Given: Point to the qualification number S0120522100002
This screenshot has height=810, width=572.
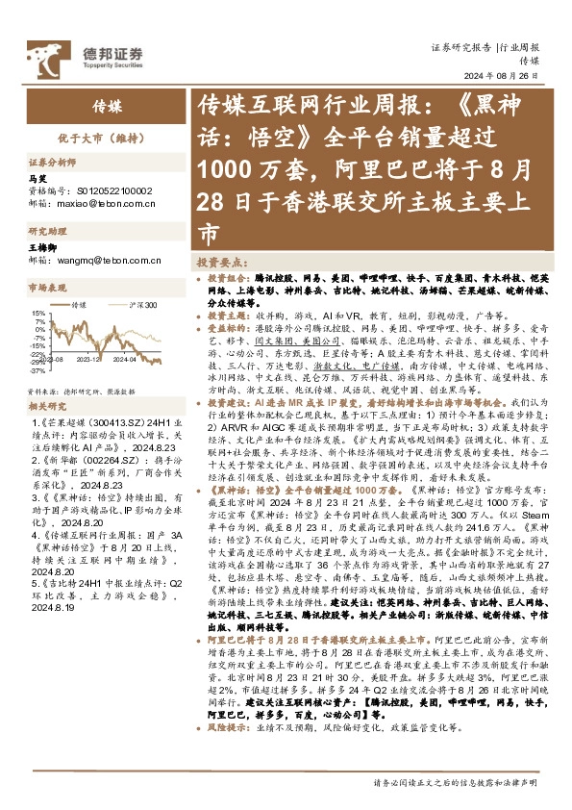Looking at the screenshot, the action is (112, 190).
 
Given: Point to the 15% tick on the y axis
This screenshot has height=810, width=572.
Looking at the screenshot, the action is (37, 313).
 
